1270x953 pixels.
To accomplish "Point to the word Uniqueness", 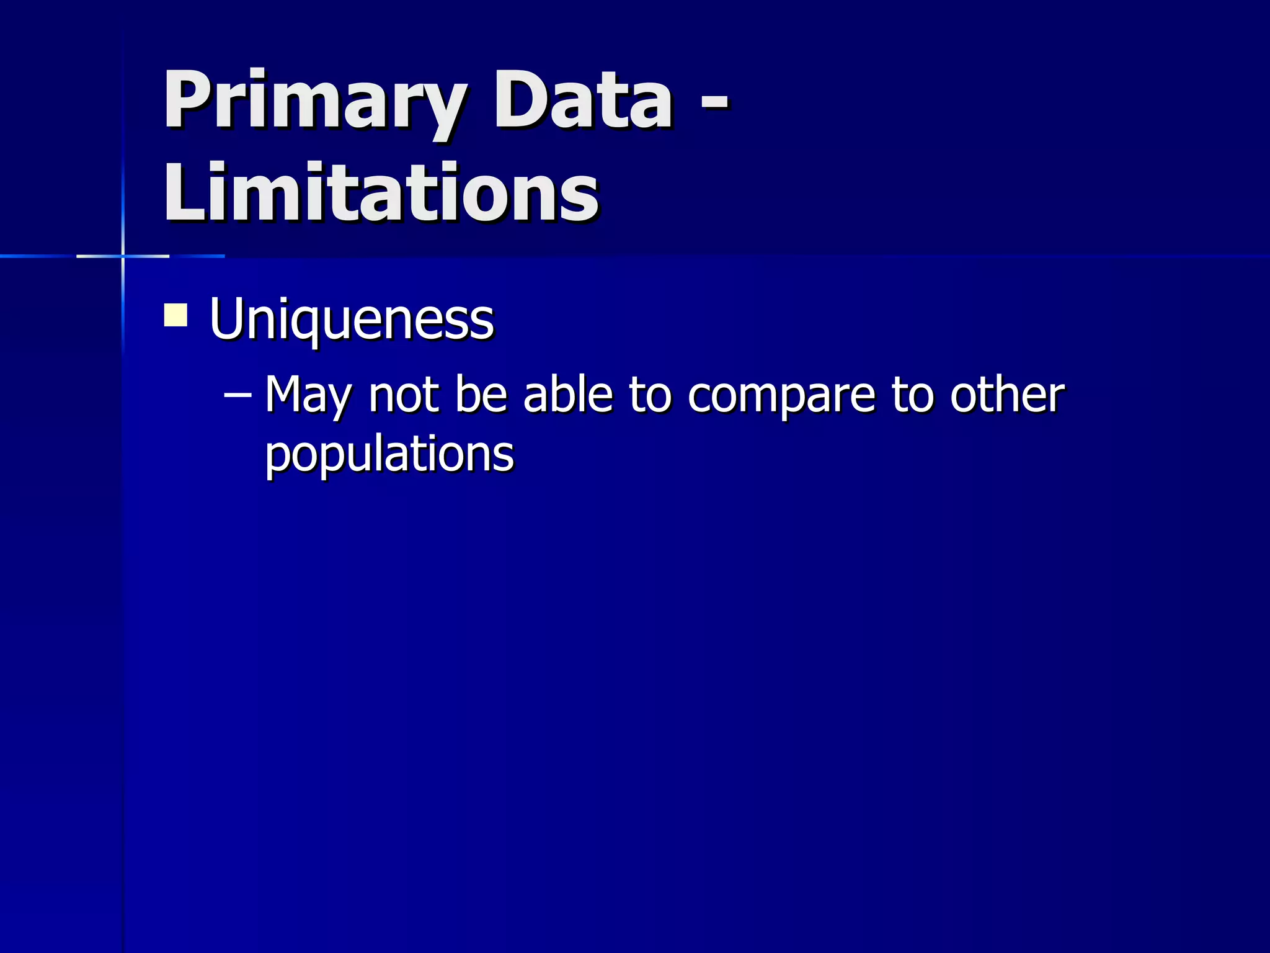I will [352, 320].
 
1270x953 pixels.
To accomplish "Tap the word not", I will [404, 395].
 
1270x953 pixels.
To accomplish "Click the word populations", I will [389, 455].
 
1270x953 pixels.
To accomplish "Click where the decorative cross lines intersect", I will [123, 256].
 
